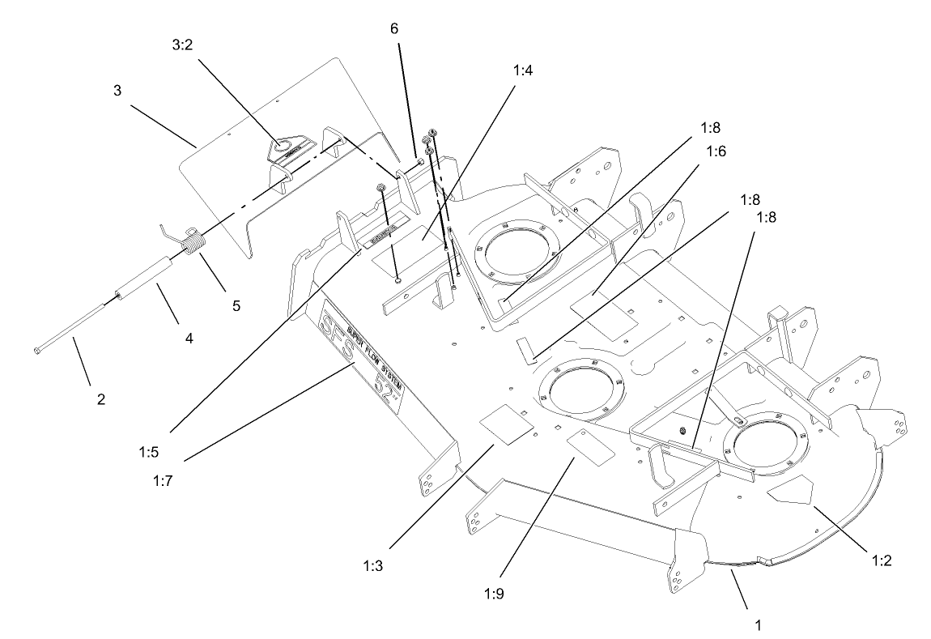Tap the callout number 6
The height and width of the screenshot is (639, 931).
tap(394, 28)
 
